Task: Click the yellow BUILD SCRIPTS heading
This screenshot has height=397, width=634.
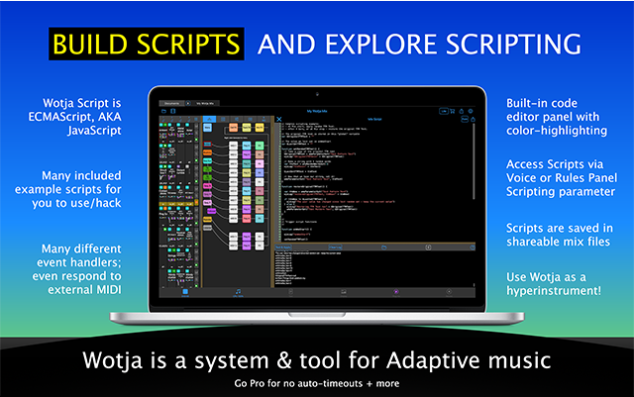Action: tap(146, 44)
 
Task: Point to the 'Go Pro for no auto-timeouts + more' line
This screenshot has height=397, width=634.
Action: tap(317, 382)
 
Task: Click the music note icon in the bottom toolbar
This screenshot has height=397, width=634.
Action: tap(238, 292)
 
